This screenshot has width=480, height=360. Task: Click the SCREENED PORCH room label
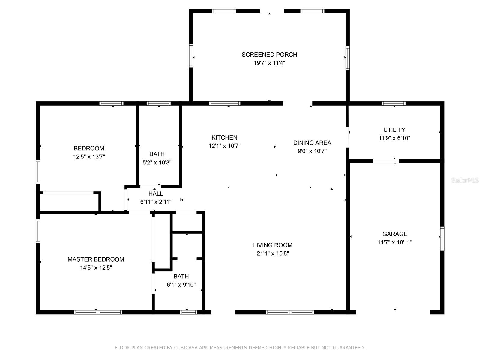[269, 55]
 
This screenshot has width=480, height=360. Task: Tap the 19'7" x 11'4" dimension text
[269, 63]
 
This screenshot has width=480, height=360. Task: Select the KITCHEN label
[224, 137]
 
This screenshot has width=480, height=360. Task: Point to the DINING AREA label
[312, 143]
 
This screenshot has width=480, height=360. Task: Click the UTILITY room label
[394, 130]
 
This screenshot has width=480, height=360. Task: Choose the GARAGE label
[395, 234]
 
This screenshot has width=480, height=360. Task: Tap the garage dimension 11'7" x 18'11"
[395, 242]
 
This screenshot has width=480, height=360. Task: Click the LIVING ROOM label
[273, 245]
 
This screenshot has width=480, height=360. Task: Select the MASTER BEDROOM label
[96, 259]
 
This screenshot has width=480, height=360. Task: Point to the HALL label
[155, 194]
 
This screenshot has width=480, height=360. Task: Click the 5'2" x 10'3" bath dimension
[157, 162]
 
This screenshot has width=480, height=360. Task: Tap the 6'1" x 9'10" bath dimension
[181, 285]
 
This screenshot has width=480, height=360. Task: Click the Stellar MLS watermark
[465, 180]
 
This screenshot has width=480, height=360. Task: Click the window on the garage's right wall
[442, 239]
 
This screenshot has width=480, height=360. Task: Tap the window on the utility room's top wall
[393, 103]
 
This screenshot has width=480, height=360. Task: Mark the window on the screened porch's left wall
[191, 55]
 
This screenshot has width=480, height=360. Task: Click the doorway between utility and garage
[386, 161]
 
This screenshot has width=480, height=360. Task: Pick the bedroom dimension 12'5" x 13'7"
[89, 157]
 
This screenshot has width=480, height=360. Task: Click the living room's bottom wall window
[290, 312]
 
